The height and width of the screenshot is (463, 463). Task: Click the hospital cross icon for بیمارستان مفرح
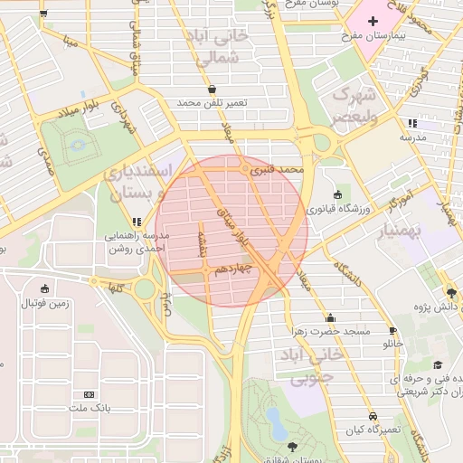372,20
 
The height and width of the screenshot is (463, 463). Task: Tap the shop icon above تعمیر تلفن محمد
212,90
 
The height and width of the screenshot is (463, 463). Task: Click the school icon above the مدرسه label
412,123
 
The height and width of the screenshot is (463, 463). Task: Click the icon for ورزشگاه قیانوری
338,194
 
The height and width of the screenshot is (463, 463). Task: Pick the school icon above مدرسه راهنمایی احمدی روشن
137,221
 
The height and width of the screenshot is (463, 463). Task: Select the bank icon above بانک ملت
89,394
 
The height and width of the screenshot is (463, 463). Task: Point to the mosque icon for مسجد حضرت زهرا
330,317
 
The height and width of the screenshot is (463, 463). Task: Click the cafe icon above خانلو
392,330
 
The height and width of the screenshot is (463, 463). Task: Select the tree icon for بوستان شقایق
290,447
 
